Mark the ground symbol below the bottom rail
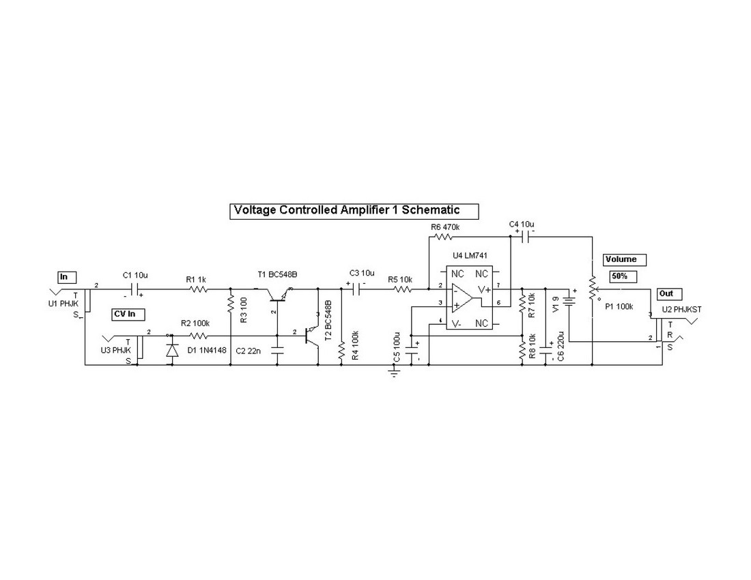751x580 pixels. point(393,373)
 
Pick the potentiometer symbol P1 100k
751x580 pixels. point(593,289)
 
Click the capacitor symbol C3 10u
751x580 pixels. point(356,289)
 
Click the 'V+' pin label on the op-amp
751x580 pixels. point(483,289)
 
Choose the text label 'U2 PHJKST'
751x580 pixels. point(681,309)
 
